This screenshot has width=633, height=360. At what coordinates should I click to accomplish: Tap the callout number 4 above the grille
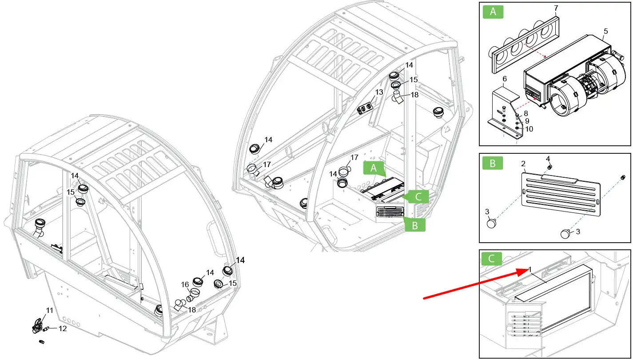[x=548, y=159]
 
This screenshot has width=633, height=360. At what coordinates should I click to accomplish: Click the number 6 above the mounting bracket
[x=504, y=79]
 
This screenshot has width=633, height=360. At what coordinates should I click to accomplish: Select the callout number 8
[x=526, y=113]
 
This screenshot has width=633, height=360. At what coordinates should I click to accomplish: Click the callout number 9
[x=527, y=120]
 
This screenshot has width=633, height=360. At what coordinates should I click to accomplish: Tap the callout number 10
[x=529, y=129]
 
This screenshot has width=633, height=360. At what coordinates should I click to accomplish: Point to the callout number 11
[x=50, y=310]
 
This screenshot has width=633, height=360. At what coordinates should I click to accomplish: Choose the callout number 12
[x=63, y=329]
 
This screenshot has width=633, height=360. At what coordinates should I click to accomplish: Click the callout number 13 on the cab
[x=379, y=92]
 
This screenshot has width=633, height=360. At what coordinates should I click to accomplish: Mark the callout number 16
[x=185, y=284]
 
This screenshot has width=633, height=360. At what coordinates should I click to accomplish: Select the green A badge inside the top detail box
[x=493, y=12]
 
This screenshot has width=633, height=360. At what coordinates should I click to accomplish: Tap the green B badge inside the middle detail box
[x=493, y=163]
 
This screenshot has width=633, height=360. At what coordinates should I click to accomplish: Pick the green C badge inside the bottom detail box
[x=491, y=259]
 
